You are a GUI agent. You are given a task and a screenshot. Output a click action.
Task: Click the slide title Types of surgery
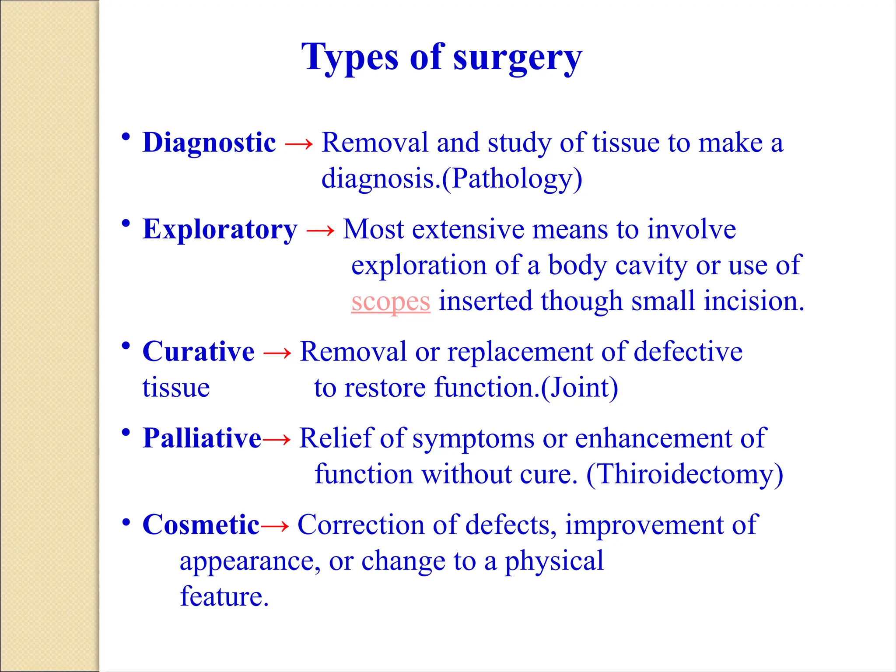442,57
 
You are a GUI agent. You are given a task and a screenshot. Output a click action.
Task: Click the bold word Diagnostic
209,143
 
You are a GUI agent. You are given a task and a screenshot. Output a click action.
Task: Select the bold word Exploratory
220,229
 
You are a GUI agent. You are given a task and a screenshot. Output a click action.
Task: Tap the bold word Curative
198,351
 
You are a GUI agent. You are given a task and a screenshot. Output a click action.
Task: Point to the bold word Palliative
202,438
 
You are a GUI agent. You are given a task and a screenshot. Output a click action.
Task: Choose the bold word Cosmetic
201,525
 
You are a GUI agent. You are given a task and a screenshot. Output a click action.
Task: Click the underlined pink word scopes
391,302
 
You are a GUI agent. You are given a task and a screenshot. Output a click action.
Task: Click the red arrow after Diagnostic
299,143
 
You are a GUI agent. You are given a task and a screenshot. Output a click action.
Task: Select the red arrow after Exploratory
320,230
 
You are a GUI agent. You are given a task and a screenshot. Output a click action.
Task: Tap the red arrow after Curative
277,352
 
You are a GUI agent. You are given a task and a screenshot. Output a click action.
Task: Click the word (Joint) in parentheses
580,388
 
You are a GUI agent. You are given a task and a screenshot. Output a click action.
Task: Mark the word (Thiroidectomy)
685,474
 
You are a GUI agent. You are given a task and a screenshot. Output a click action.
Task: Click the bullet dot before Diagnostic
126,137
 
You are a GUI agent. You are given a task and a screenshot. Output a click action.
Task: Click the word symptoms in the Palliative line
473,439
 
